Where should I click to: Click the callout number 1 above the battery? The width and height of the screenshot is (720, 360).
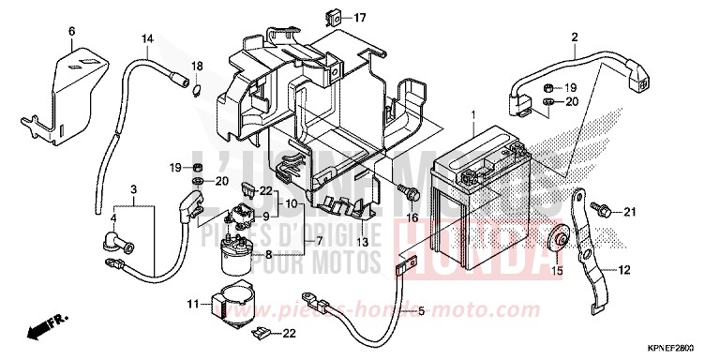(x=473, y=115)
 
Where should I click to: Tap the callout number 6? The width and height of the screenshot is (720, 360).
(x=70, y=32)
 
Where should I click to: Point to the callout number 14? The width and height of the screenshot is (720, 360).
(x=147, y=38)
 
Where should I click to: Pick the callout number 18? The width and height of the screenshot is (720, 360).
(x=197, y=65)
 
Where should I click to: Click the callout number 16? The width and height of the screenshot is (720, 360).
(x=410, y=217)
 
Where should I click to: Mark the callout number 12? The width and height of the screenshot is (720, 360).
(x=622, y=270)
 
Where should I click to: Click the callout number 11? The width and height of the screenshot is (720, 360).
(x=192, y=305)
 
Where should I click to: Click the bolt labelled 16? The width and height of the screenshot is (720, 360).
(x=411, y=193)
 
